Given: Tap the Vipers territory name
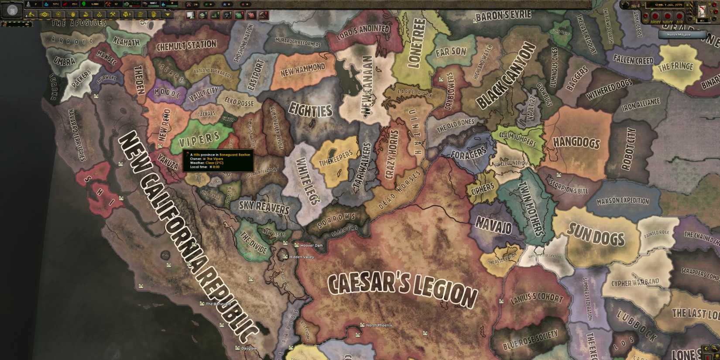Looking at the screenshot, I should click(199, 140).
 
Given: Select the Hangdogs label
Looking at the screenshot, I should click(576, 142).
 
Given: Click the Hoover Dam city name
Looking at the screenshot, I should click(311, 246).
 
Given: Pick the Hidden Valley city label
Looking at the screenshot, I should click(301, 257).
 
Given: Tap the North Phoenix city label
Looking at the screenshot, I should click(378, 326).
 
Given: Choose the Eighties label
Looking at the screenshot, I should click(311, 110).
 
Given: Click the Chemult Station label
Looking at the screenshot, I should click(186, 45).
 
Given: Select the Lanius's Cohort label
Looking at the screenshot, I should click(537, 298).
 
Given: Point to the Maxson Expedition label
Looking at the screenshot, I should click(623, 201).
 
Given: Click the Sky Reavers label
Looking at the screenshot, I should click(264, 207).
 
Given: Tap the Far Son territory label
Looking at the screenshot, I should click(451, 52).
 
